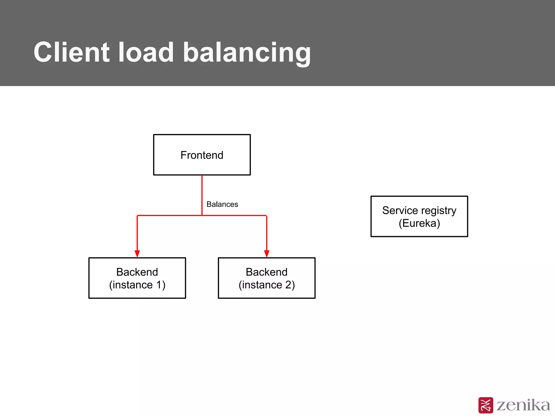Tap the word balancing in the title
tap(247, 53)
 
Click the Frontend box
tap(202, 155)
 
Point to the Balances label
tap(222, 204)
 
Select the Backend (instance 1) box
tap(137, 278)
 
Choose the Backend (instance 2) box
tap(267, 278)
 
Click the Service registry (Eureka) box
tap(419, 216)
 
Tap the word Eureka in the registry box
tap(419, 223)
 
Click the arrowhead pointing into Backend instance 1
tap(137, 254)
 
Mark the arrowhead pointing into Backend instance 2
tap(267, 254)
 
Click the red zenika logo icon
tap(486, 405)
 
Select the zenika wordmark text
tap(523, 405)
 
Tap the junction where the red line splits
tap(202, 216)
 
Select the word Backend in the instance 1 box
tap(137, 272)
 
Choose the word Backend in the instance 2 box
tap(267, 272)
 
